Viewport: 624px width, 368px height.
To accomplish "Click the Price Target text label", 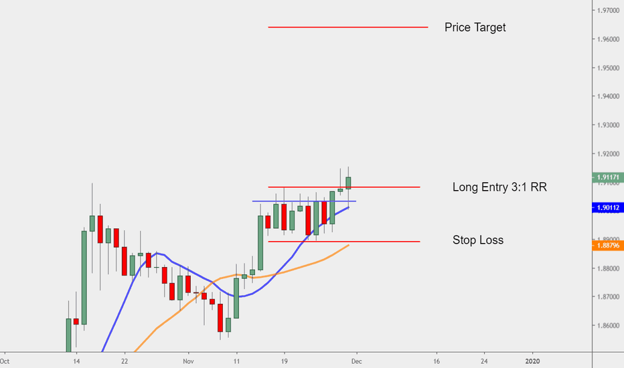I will click(475, 27).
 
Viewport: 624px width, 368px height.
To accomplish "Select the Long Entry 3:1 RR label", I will click(499, 187).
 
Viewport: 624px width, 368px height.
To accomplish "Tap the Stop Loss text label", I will click(477, 240).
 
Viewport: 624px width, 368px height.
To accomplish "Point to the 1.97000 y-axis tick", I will click(608, 11).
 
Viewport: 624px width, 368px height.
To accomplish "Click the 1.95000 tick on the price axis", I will click(608, 68).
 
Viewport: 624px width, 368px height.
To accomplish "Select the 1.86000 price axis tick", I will click(608, 326).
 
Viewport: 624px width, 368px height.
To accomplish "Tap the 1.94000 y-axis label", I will click(608, 97).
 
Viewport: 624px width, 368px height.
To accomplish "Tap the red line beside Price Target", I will click(347, 27).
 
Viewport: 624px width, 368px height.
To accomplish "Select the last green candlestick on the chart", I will click(349, 182).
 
